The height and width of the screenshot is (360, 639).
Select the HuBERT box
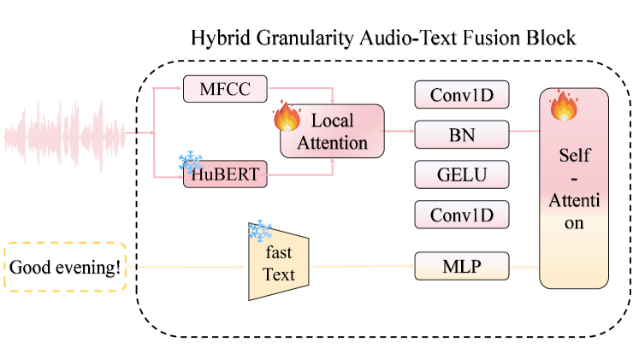pos(226,177)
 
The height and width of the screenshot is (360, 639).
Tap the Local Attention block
pos(333,131)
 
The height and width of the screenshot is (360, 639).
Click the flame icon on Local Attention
pos(287,116)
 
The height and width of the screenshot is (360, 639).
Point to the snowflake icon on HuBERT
pos(190,161)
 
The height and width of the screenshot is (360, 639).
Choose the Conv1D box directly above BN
pos(462,94)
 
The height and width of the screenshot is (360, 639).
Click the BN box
pos(462,134)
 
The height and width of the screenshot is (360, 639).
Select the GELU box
pos(462,174)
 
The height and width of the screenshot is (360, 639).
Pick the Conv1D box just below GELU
pos(462,215)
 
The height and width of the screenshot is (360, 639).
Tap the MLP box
pos(462,266)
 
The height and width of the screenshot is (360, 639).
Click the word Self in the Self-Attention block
pos(574,156)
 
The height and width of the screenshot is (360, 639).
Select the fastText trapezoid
pos(277,265)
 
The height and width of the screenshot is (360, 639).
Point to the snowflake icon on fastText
pos(259,231)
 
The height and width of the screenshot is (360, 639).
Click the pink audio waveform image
pos(65,135)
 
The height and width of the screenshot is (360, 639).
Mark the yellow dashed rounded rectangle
pos(65,266)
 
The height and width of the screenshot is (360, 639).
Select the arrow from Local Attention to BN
pos(399,133)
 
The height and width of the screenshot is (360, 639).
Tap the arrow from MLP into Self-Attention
pos(524,266)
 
